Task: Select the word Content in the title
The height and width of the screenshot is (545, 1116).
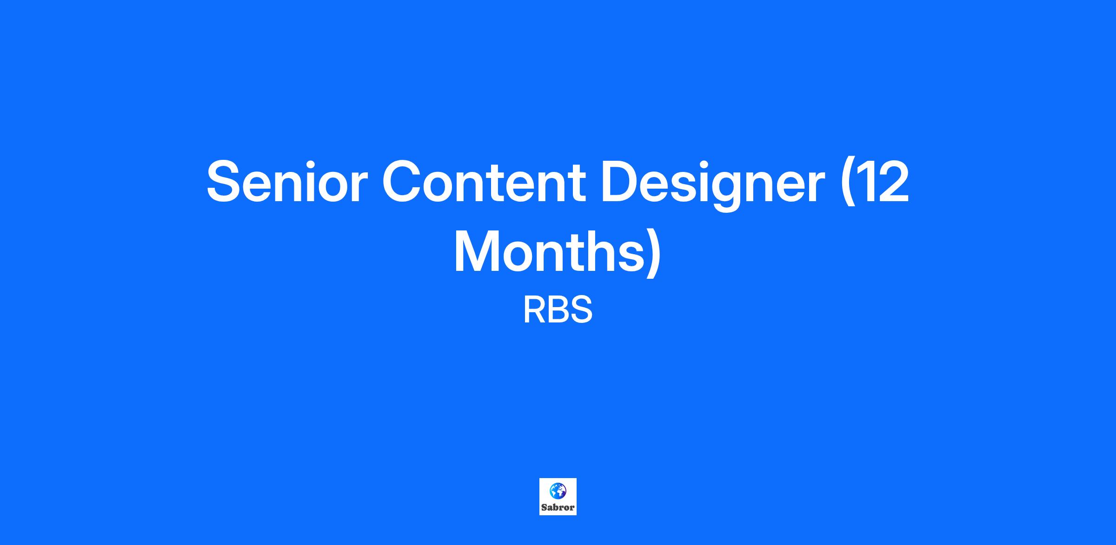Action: click(x=484, y=181)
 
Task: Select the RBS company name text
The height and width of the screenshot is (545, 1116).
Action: click(x=558, y=310)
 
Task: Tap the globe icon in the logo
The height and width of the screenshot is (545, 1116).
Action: click(x=558, y=490)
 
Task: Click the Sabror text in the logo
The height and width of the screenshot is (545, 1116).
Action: click(x=558, y=507)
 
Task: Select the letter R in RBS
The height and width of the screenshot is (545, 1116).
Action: click(x=535, y=310)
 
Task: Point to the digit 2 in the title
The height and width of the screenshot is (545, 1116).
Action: click(x=893, y=181)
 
